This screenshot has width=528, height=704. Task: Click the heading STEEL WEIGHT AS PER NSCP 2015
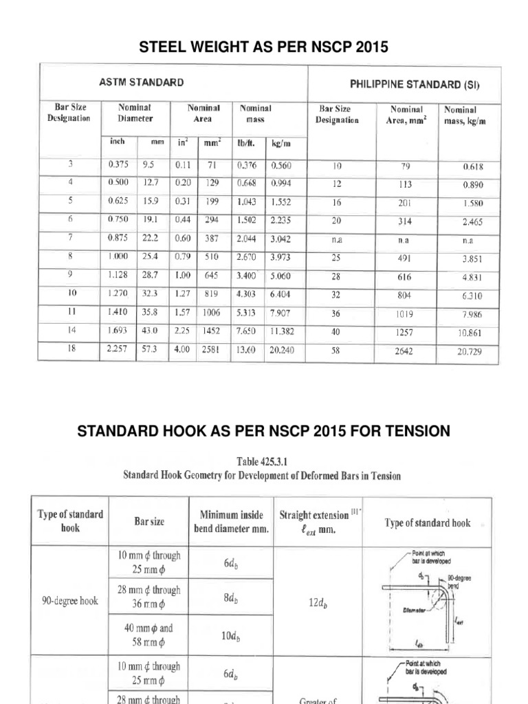263,47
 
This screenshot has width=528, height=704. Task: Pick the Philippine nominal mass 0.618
467,167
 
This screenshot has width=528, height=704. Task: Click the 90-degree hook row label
69,599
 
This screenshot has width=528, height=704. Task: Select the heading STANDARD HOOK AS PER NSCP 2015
263,431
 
